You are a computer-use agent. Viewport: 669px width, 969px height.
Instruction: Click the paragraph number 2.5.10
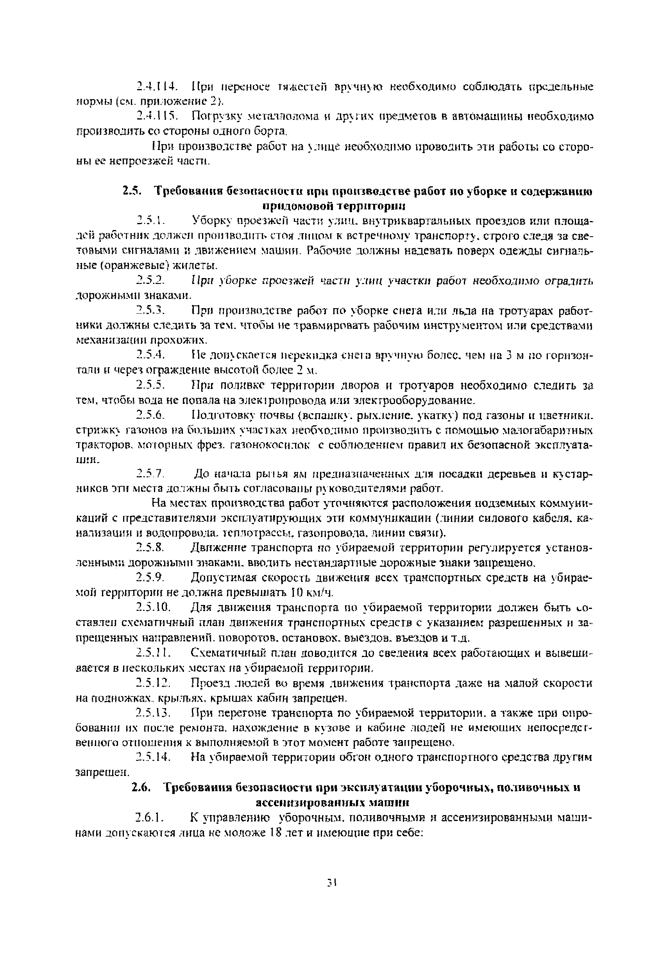click(x=154, y=607)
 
